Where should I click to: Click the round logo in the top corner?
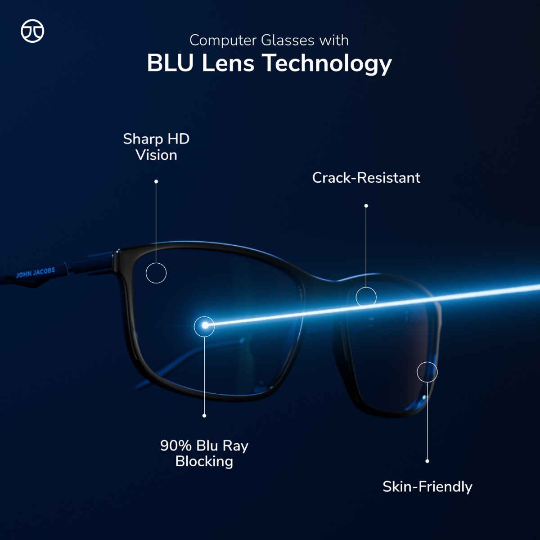32,31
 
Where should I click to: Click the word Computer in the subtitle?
223,40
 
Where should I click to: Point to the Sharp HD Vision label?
156,147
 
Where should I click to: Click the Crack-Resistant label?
366,178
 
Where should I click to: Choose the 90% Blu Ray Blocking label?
204,453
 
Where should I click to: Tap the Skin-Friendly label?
427,486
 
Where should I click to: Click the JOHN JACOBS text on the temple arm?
36,273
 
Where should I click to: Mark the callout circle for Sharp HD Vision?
156,273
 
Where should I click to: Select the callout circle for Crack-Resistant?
366,297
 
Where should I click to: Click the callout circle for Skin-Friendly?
427,372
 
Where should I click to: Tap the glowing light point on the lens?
205,325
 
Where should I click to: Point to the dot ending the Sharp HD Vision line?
156,182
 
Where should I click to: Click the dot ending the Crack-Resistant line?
366,206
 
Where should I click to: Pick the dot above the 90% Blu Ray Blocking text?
204,415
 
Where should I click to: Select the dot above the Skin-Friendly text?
427,461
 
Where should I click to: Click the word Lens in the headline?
228,63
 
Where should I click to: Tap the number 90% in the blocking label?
176,445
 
